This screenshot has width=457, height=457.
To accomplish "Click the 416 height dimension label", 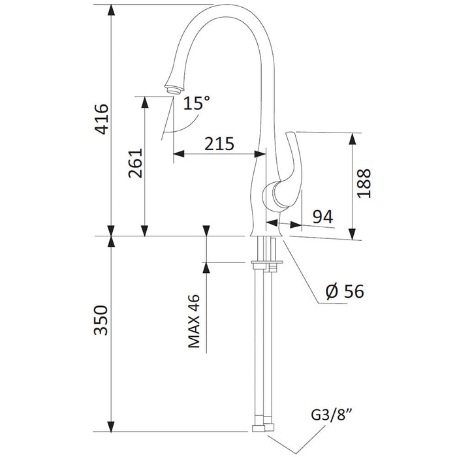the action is tap(102, 119).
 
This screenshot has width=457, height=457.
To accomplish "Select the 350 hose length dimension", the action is tap(101, 320).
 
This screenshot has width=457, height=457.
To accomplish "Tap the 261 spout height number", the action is tap(136, 163).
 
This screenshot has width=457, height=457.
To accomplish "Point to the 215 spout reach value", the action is tap(219, 144).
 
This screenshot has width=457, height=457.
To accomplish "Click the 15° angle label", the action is tap(197, 102).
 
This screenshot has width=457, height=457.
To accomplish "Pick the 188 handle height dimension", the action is tap(364, 183).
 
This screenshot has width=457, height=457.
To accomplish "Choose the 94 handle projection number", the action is tap(323, 217).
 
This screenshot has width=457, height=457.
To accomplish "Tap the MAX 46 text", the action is tap(194, 321).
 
